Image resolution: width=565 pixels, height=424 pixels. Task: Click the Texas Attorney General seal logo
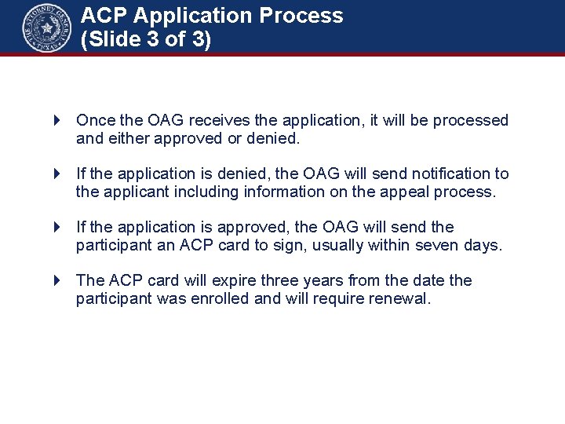[46, 27]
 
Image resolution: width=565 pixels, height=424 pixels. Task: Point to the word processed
[470, 121]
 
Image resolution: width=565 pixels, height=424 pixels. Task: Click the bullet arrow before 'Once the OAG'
[57, 120]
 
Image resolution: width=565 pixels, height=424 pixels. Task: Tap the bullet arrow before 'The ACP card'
[57, 280]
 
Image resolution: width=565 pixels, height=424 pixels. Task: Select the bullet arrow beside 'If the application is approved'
[57, 227]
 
